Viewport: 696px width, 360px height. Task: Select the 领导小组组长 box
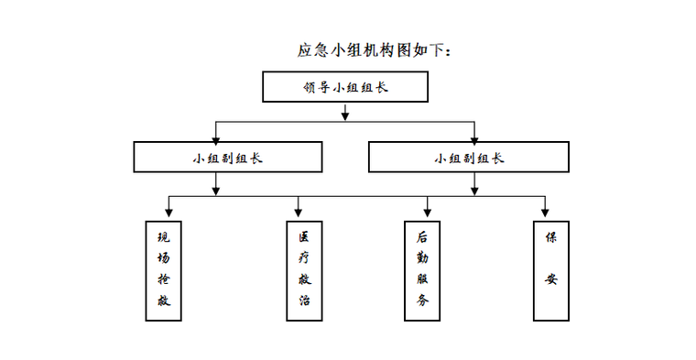click(344, 87)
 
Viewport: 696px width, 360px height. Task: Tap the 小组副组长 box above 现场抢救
click(227, 157)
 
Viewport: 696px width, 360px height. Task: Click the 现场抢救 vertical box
click(164, 269)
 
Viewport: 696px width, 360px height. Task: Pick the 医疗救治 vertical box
click(304, 269)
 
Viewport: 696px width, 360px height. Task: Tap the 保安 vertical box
click(551, 269)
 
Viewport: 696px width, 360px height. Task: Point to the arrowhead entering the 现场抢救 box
click(169, 212)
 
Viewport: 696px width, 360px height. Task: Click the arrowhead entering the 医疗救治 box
click(299, 212)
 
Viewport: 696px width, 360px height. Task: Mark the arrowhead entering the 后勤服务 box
click(428, 212)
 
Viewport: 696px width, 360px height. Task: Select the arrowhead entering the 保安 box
click(545, 212)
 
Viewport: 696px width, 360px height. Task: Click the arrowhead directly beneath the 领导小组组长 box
click(345, 115)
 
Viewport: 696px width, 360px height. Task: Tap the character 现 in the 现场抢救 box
click(164, 236)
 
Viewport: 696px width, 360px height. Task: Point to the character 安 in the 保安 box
click(551, 279)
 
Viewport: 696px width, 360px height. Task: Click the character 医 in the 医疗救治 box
click(304, 236)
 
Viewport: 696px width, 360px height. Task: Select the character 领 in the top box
click(309, 88)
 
